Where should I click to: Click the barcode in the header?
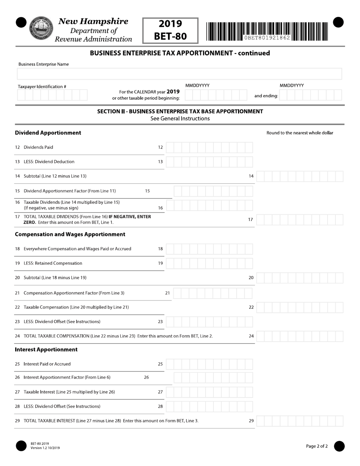[x=267, y=31]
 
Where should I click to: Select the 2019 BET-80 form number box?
[x=170, y=30]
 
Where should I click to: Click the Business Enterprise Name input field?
[x=180, y=74]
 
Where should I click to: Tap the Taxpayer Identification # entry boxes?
[x=52, y=95]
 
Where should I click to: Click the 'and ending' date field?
[x=311, y=95]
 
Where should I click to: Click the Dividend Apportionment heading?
[x=48, y=133]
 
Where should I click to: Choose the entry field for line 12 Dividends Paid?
[x=209, y=147]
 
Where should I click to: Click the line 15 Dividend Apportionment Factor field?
[x=213, y=191]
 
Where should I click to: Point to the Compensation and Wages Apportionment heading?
[x=70, y=234]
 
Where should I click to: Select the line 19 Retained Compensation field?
[x=209, y=263]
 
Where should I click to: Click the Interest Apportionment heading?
[x=46, y=349]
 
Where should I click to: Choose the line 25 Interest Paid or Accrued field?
[x=209, y=364]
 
